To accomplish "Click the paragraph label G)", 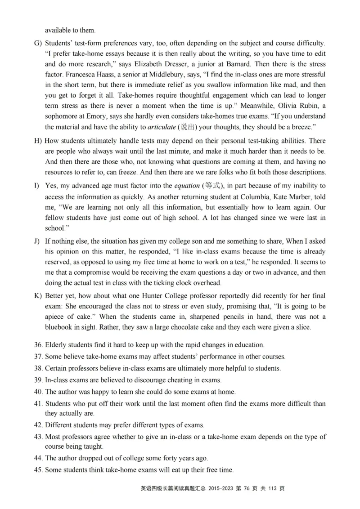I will [x=38, y=43].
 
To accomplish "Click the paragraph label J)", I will [x=37, y=241].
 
